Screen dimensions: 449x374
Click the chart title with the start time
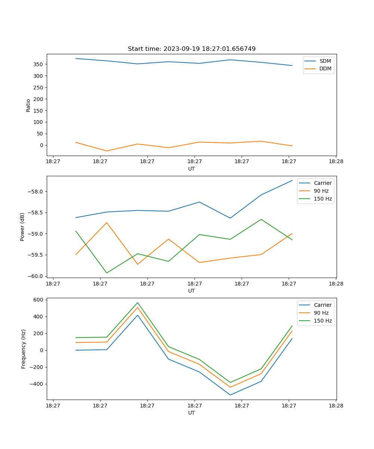click(x=191, y=49)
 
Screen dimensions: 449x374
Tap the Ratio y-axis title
click(x=28, y=106)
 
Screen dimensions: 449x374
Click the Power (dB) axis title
click(x=22, y=227)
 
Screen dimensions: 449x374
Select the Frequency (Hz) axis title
click(x=24, y=349)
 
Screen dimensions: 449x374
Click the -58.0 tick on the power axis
click(x=36, y=192)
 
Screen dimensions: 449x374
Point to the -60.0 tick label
click(x=36, y=276)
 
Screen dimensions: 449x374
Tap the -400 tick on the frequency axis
click(x=37, y=384)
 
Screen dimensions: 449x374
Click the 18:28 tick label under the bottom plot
click(x=336, y=406)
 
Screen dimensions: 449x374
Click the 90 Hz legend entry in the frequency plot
click(x=321, y=313)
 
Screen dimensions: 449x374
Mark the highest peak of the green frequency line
click(x=138, y=302)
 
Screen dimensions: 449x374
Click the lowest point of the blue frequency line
click(x=230, y=395)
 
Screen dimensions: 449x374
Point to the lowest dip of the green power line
click(x=107, y=273)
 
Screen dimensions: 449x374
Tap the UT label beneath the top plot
click(x=191, y=169)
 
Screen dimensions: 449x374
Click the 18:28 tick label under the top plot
click(x=336, y=162)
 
